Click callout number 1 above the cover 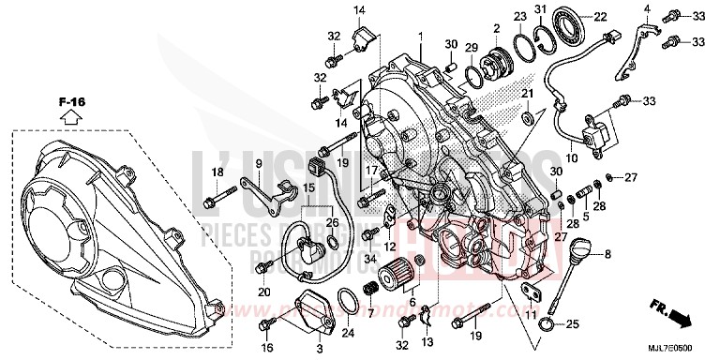(421, 37)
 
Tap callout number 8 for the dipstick (608, 255)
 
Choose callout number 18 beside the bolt (217, 172)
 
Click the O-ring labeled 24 (347, 303)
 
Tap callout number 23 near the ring (519, 16)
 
